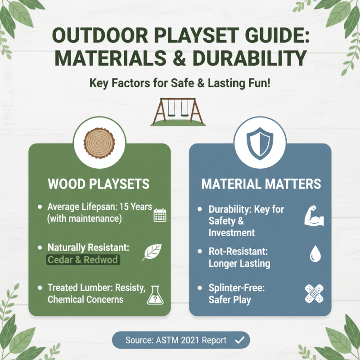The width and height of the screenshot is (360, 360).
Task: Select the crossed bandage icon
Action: (314, 293)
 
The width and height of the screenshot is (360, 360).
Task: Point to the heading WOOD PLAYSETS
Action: (99, 184)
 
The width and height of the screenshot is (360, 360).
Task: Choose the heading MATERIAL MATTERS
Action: (261, 184)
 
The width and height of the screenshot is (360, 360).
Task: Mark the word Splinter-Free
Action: (236, 288)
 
